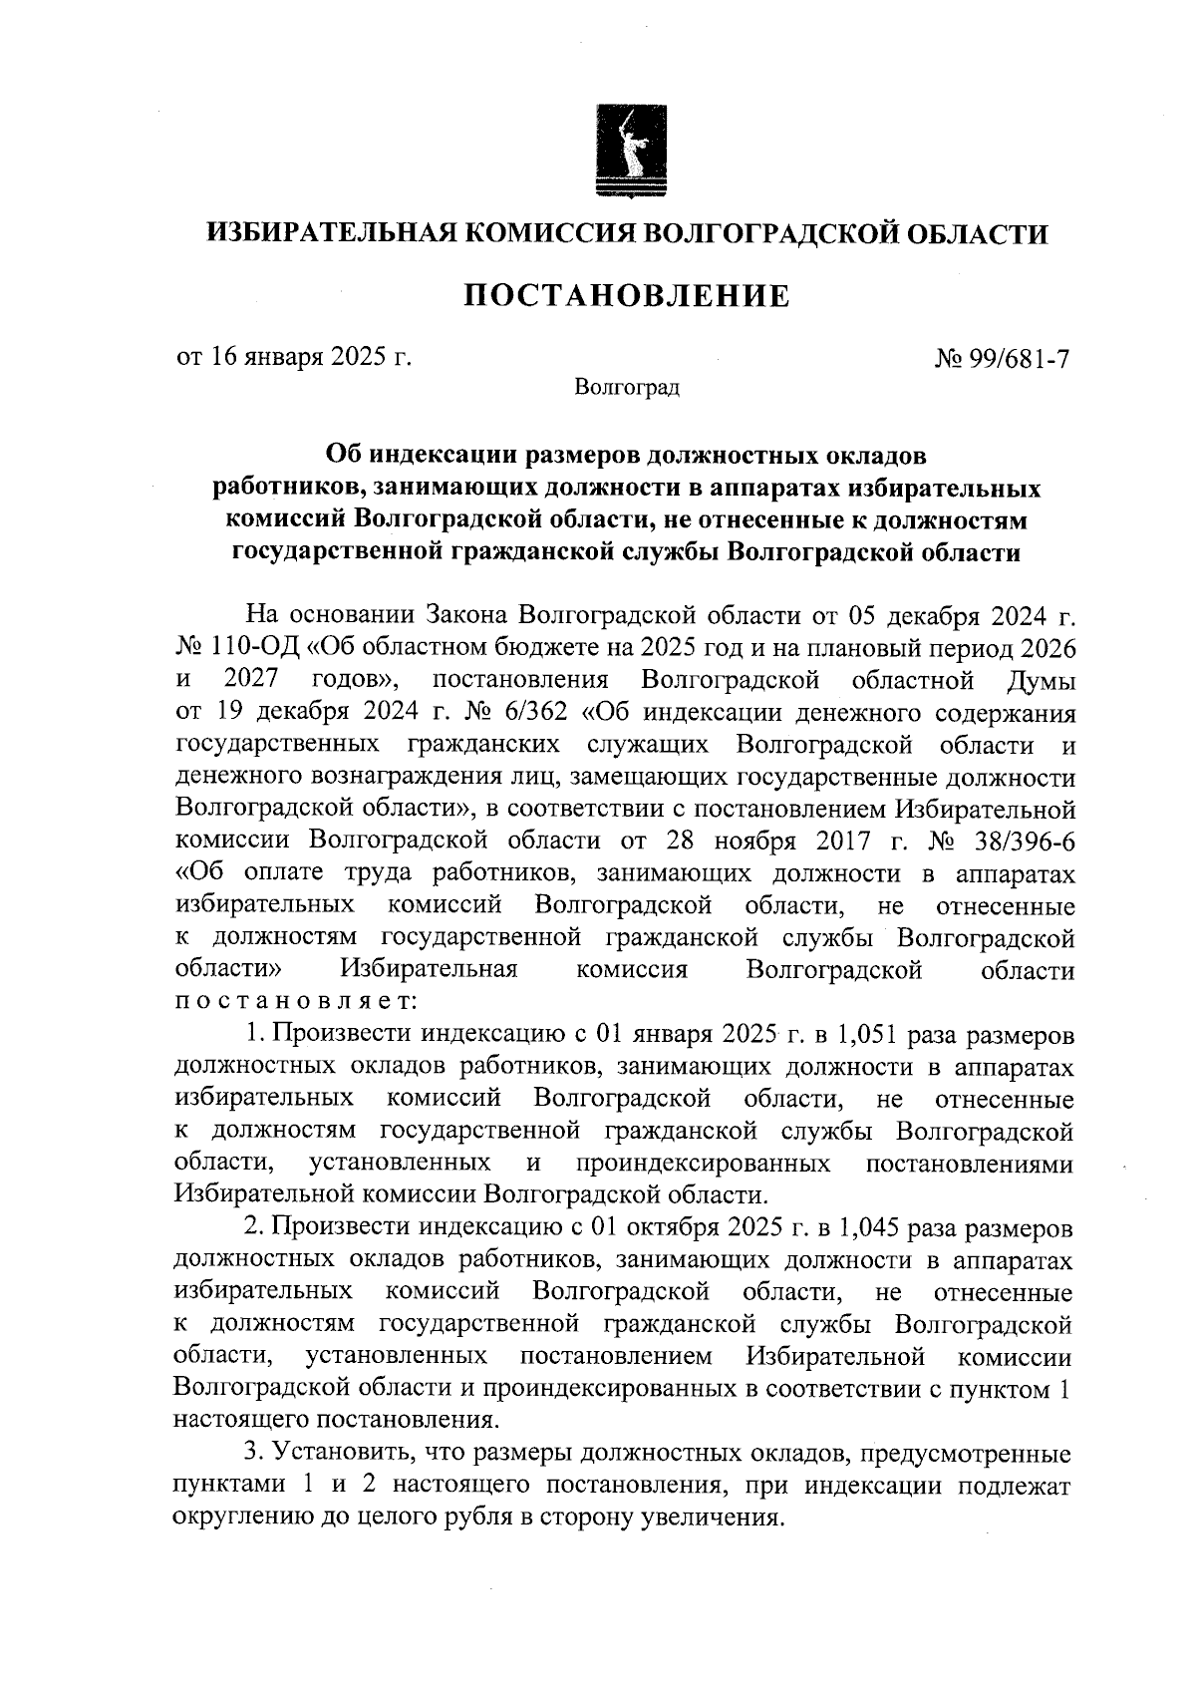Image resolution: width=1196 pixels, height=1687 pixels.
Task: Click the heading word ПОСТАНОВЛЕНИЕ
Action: (627, 296)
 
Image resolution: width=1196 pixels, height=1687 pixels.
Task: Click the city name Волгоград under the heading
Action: (627, 387)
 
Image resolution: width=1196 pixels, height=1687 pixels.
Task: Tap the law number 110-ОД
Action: (257, 648)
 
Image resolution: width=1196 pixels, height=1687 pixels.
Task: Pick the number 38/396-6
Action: (1027, 841)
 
